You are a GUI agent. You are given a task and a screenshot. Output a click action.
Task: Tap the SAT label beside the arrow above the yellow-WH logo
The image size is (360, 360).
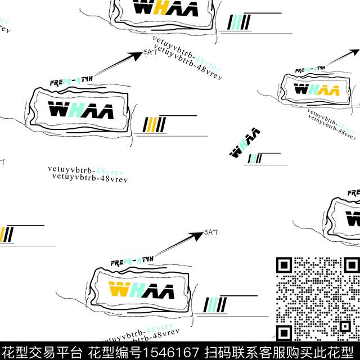tap(210, 232)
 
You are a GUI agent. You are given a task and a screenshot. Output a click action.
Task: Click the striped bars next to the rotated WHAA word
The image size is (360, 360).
tap(255, 159)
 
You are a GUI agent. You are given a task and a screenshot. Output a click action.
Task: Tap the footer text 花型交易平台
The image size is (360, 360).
tap(42, 352)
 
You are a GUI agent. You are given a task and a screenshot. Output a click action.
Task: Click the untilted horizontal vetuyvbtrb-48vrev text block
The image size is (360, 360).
tap(88, 173)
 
